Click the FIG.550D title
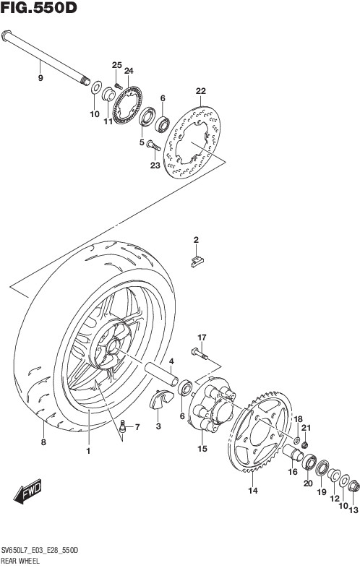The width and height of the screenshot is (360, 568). [x=38, y=8]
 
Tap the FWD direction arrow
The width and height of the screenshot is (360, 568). [x=28, y=492]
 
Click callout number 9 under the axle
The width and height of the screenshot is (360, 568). [x=40, y=78]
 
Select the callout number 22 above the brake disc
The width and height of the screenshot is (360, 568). [x=200, y=91]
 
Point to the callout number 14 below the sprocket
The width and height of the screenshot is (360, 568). [x=253, y=491]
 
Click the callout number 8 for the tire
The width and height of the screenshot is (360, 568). [x=43, y=442]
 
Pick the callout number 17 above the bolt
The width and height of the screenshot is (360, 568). [x=202, y=337]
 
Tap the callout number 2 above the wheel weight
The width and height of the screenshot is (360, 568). [x=196, y=239]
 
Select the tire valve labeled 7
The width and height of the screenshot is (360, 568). [x=123, y=427]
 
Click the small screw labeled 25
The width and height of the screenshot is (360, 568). [x=116, y=85]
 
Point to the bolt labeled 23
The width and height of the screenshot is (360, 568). [x=154, y=146]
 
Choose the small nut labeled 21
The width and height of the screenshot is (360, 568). [x=304, y=444]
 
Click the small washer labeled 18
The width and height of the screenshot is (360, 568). [x=296, y=441]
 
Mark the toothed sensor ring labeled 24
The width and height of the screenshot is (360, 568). [x=127, y=106]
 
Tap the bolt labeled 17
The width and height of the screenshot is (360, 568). [x=199, y=353]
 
